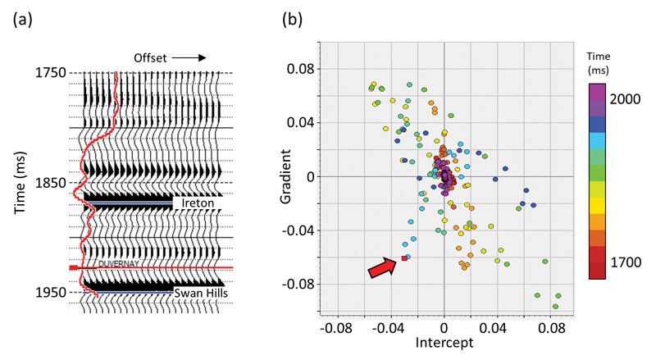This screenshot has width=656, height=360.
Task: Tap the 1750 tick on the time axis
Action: [x=52, y=73]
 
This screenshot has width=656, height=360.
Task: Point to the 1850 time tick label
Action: [x=52, y=182]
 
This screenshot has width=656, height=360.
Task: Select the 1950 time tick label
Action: [x=52, y=292]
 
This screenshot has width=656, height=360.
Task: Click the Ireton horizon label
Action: [x=195, y=202]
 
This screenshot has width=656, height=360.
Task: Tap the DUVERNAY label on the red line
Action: [x=121, y=264]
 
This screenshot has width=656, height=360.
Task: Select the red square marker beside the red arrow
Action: [x=404, y=259]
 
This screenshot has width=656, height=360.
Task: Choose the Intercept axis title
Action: [x=444, y=343]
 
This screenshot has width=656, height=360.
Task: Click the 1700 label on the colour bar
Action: [x=626, y=262]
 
